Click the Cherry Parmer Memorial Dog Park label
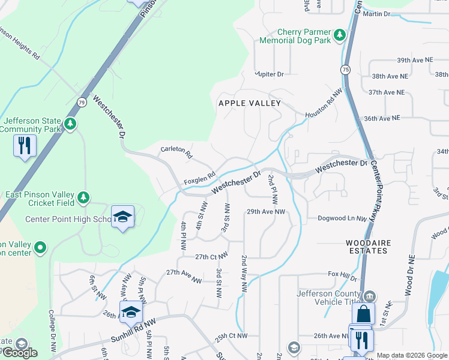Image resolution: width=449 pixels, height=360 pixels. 295,36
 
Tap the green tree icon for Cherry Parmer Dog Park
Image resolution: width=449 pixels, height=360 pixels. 340,35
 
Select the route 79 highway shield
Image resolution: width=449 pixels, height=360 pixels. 82,102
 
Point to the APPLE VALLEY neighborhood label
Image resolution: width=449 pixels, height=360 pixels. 250,103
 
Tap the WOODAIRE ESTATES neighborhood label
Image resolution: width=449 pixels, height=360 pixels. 367,247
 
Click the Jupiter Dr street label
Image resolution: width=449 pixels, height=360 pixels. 269,74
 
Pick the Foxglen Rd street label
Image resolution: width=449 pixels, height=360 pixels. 199,178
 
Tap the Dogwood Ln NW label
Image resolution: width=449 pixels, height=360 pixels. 342,218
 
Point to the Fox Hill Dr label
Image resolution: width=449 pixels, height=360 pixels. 343,276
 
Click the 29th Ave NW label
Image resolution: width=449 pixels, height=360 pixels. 266,212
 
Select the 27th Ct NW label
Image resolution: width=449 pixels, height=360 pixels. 211,256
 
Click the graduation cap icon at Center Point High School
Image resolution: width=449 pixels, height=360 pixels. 122,217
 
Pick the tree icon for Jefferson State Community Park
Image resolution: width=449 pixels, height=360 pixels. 71,124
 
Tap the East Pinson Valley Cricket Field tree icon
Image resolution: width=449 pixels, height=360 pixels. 83,197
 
